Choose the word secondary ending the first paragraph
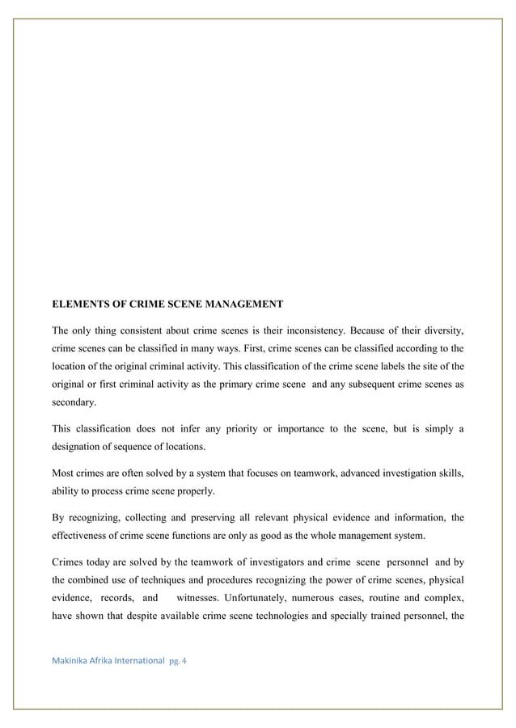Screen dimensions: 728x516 pos(74,402)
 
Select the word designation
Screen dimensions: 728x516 pos(80,446)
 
